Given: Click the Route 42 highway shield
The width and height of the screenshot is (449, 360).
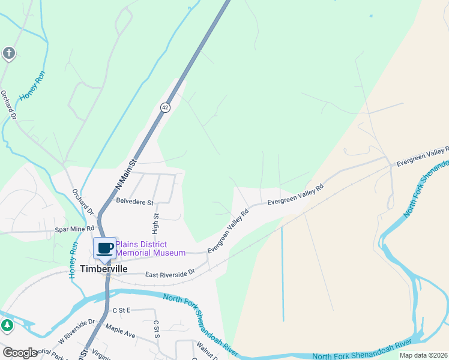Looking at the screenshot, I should coord(165,107).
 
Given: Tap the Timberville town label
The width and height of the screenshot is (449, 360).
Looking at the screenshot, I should coord(106,269).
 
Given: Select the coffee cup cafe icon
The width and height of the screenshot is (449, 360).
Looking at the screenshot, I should coord(105,248).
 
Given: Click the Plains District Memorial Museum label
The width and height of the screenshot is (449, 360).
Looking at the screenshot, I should coord(150,248).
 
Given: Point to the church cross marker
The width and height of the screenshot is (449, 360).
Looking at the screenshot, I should coord(8,54).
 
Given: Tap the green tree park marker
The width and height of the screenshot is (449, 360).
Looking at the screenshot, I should coord(7,326).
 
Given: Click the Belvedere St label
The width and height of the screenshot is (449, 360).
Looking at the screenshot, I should coord(135,202).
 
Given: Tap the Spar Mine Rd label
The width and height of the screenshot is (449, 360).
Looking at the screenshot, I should coord(75,229).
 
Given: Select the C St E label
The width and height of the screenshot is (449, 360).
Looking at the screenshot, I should coord(121,310).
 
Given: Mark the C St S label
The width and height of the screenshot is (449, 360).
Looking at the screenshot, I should coord(155,328).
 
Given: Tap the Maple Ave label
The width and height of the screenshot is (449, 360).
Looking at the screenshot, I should coord(121,330).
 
